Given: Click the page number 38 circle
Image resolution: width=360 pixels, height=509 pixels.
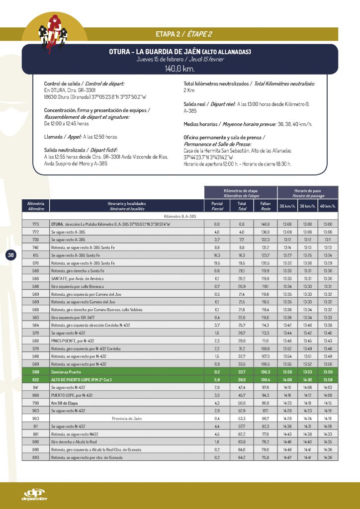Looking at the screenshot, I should [11, 255].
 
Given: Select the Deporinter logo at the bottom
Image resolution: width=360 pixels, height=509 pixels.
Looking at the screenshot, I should [34, 495].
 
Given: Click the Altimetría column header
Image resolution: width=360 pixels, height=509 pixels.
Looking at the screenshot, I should [35, 206].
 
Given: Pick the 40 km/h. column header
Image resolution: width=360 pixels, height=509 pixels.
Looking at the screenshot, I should [328, 206].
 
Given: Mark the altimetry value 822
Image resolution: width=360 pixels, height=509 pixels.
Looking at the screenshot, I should [35, 379].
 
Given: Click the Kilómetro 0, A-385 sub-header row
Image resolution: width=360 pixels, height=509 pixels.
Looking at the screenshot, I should [180, 216].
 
